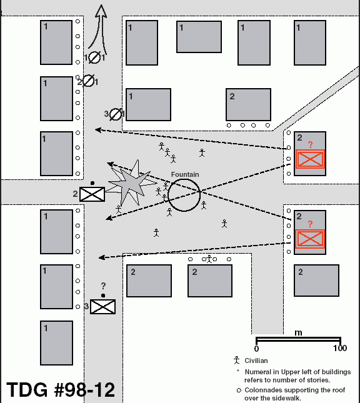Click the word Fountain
pyautogui.click(x=185, y=174)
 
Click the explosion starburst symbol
pyautogui.click(x=132, y=182)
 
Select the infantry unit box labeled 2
pyautogui.click(x=92, y=194)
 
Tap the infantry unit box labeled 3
pyautogui.click(x=102, y=307)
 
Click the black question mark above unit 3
pyautogui.click(x=103, y=286)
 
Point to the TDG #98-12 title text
pyautogui.click(x=61, y=390)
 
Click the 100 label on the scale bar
pyautogui.click(x=340, y=348)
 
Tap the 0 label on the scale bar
pyautogui.click(x=256, y=349)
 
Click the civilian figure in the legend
pyautogui.click(x=237, y=360)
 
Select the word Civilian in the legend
pyautogui.click(x=256, y=361)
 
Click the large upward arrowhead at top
pyautogui.click(x=101, y=12)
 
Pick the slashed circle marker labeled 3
pyautogui.click(x=116, y=114)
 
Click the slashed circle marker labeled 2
pyautogui.click(x=89, y=81)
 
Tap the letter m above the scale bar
pyautogui.click(x=298, y=332)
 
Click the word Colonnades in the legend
pyautogui.click(x=261, y=390)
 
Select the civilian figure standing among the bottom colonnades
pyautogui.click(x=209, y=259)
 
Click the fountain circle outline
pyautogui.click(x=168, y=196)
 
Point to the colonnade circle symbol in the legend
pyautogui.click(x=239, y=390)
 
